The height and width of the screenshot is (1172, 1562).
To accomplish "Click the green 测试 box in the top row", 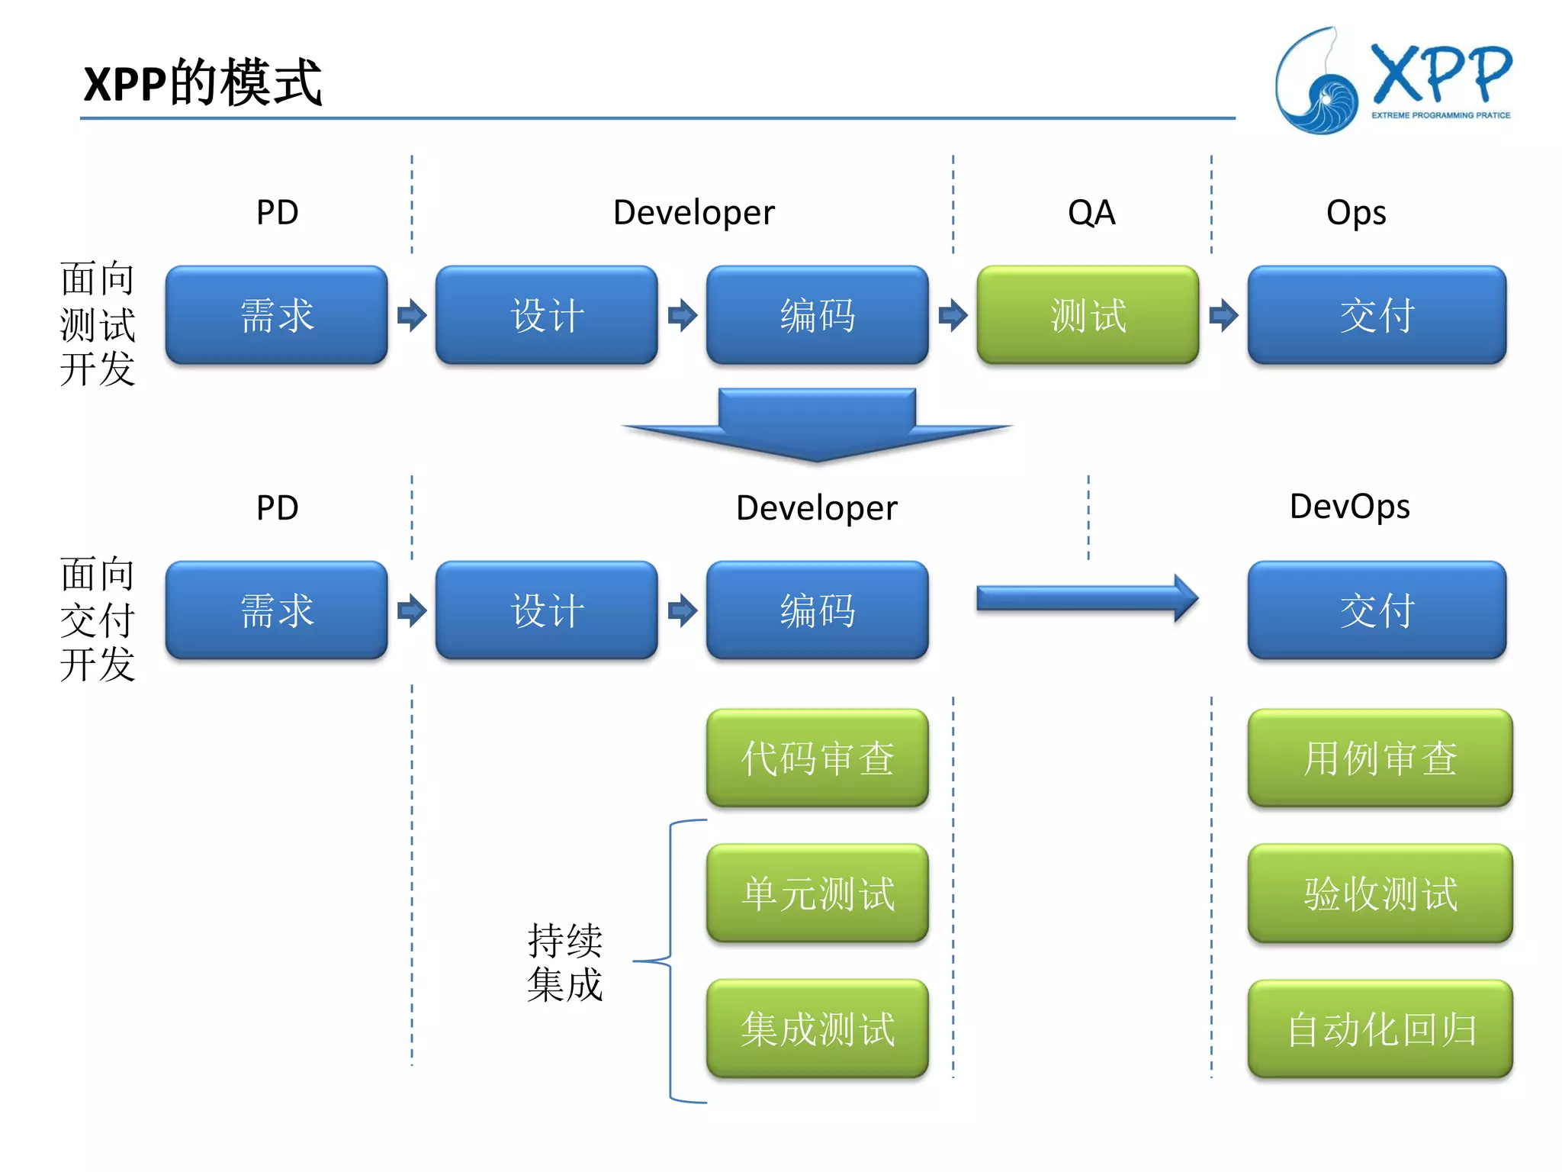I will point(1087,314).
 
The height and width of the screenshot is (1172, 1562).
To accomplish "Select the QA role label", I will point(1091,212).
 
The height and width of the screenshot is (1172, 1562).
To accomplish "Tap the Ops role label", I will point(1355,212).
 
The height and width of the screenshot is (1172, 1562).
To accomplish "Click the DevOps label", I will point(1348,507).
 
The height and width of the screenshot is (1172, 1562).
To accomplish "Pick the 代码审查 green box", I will point(817,758).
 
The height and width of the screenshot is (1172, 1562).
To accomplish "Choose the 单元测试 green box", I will point(817,893).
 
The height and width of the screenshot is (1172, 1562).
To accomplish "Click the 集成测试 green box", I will point(817,1028).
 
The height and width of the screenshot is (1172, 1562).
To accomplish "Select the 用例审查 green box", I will point(1379,758).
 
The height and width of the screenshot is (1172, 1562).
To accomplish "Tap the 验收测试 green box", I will point(1379,893).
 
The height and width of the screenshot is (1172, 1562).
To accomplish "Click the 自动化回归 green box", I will point(1379,1028).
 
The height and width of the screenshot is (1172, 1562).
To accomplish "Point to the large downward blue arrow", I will point(817,424).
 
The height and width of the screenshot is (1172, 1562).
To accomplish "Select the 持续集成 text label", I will point(564,961).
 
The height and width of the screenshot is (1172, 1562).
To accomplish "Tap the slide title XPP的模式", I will point(202,82).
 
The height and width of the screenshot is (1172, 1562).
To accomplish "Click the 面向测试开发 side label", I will point(97,324).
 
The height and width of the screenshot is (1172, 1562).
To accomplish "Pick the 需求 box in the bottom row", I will point(276,610).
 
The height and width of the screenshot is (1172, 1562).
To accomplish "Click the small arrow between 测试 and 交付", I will point(1223,314).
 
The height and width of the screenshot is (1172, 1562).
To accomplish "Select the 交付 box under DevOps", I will point(1376,610).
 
